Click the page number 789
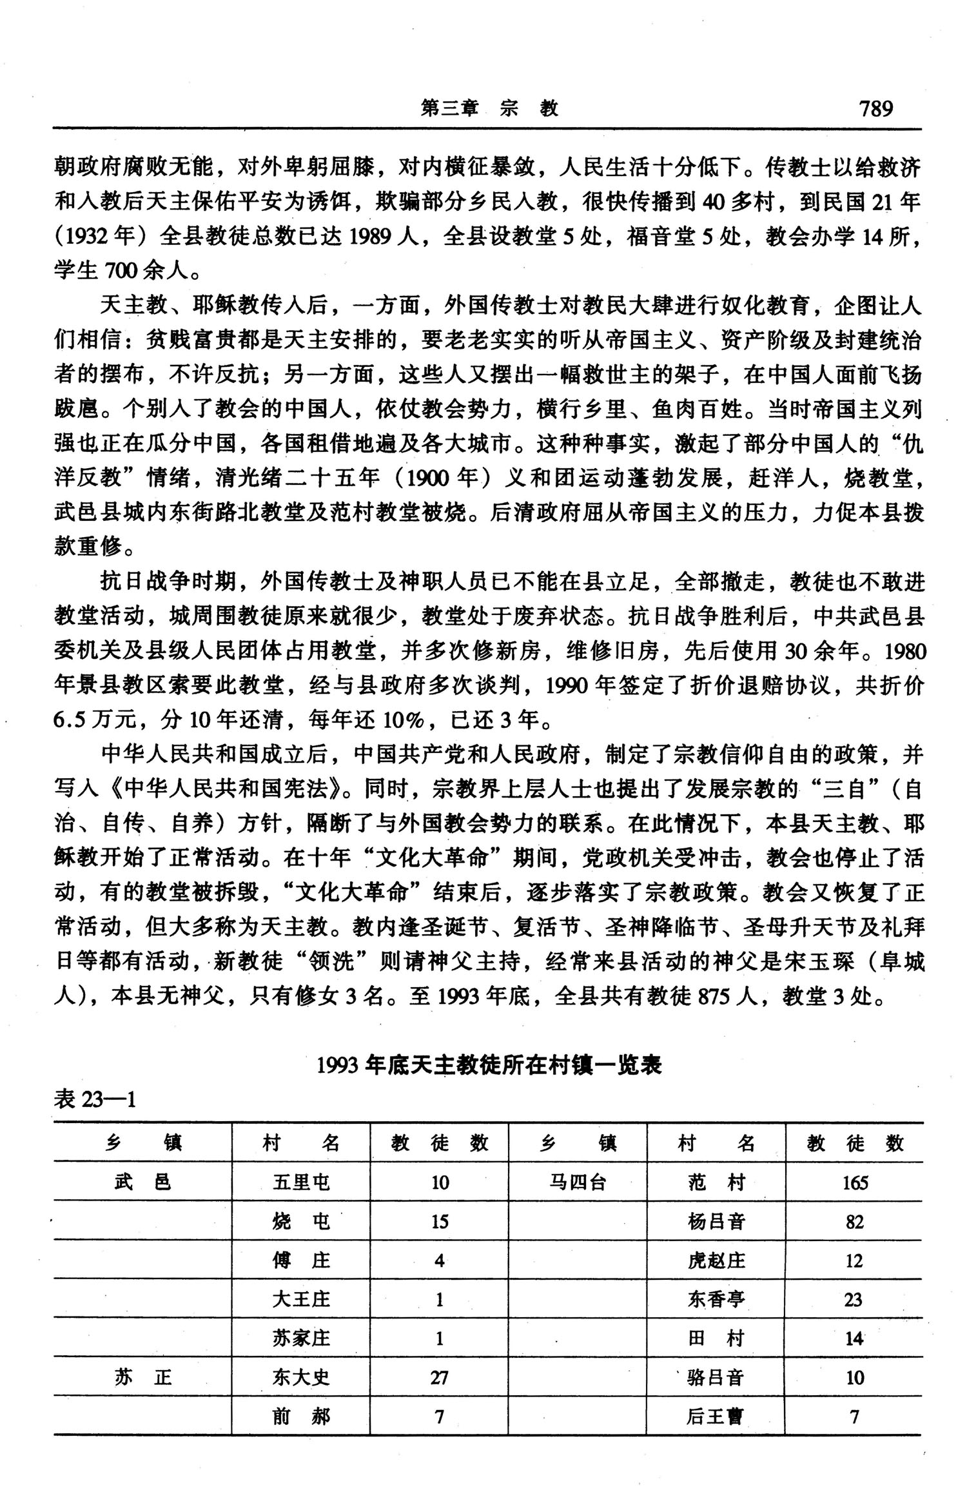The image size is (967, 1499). [875, 108]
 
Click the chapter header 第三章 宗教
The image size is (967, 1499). [489, 108]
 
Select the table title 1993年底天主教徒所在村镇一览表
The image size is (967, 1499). [489, 1066]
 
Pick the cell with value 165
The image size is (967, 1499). [855, 1182]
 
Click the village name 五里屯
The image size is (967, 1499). [301, 1182]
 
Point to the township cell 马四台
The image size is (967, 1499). [578, 1182]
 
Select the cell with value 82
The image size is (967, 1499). [855, 1222]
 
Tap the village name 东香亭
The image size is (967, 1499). [716, 1299]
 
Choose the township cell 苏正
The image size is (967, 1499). [143, 1377]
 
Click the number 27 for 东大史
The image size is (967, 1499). [439, 1378]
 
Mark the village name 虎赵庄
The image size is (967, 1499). [716, 1260]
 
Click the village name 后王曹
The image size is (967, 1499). [716, 1416]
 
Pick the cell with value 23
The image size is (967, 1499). [854, 1299]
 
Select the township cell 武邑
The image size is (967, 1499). [143, 1182]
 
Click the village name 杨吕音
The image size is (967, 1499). [716, 1222]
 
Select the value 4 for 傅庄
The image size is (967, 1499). [439, 1260]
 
